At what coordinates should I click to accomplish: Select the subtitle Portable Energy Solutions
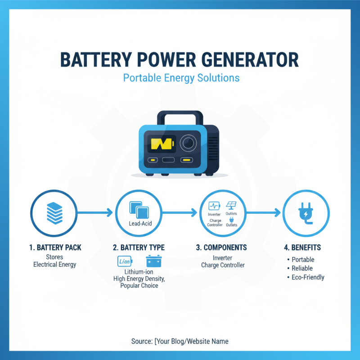click(x=181, y=78)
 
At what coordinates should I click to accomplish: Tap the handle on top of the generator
click(x=179, y=118)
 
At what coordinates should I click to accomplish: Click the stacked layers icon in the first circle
click(x=54, y=212)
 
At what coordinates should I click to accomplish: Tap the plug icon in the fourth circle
click(x=305, y=212)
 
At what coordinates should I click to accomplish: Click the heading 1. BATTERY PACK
click(x=54, y=247)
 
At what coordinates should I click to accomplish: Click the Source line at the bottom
click(x=180, y=341)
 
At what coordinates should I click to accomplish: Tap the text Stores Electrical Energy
click(x=54, y=261)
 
